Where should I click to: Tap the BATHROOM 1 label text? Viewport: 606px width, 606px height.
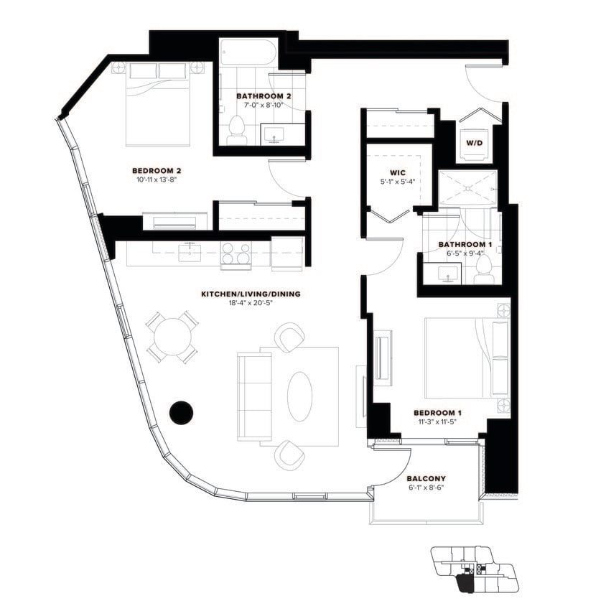coord(460,245)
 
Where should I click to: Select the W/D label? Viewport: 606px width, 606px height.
coord(474,142)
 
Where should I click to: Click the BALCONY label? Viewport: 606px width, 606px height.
coord(426,478)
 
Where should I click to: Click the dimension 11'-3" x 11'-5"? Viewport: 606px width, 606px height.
coord(437,421)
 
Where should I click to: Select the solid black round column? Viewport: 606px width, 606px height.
coord(181,411)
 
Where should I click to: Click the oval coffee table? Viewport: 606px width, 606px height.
coord(300,396)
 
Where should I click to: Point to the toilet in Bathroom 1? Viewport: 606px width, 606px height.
coord(484,269)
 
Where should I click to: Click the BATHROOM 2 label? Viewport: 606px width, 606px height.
coord(264,95)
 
